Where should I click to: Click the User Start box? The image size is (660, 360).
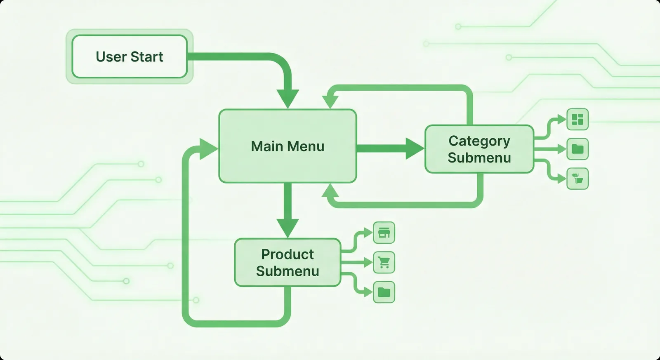click(130, 56)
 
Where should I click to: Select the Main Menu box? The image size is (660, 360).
click(288, 146)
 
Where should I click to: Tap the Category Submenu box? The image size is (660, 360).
click(479, 149)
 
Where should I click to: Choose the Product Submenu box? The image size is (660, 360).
click(288, 263)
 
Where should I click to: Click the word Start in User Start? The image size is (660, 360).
click(146, 56)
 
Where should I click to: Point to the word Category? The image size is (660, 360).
click(479, 141)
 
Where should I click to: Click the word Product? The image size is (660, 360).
click(288, 254)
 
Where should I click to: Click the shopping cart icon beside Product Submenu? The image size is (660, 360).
click(384, 262)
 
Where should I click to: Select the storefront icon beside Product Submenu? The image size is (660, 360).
click(384, 233)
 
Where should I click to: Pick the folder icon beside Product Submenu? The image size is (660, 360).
click(384, 292)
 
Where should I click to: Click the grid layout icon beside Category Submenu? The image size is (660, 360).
click(577, 119)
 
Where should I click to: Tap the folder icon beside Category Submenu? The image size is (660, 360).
click(577, 149)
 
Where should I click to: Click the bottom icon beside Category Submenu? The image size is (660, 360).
click(577, 179)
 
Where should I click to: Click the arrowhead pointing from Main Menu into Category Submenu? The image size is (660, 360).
click(415, 148)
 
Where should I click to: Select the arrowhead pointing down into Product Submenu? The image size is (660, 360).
click(288, 228)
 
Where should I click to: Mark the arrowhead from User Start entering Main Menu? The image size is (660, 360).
click(288, 99)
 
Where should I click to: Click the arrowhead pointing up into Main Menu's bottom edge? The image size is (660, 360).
click(330, 191)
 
